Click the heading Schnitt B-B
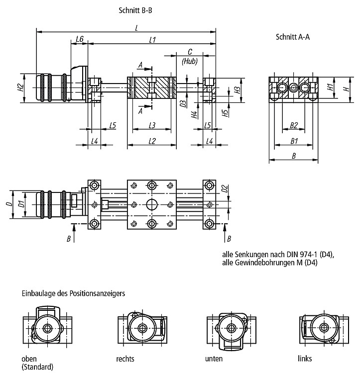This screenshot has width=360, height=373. pos(135,10)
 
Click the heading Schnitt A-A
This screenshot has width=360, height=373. pos(293,37)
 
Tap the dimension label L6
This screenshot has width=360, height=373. pos(80,39)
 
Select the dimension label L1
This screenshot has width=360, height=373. pos(152,39)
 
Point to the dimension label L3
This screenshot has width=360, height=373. pos(152,125)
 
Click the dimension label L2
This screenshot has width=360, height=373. pos(152,141)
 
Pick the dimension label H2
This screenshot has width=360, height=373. pos(21,88)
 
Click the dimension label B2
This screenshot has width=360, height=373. pos(294,125)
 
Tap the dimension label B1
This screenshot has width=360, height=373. pos(294,141)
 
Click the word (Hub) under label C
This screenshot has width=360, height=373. pos(190,61)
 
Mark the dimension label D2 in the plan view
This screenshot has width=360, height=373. pos(225,188)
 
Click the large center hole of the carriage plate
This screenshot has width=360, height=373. pos(152,204)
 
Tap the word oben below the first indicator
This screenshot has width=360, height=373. pos(29,359)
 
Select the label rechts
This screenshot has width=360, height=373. pos(125,359)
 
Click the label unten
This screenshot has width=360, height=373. pos(214,359)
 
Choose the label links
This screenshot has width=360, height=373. pos(305,358)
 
